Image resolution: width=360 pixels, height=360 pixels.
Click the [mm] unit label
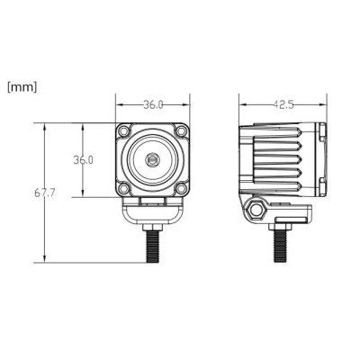22,87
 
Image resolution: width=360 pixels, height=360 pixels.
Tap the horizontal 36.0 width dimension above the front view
153,104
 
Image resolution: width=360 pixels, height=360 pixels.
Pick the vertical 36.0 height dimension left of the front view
84,160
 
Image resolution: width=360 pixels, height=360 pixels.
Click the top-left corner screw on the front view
123,131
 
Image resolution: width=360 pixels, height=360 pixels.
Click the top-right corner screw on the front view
181,131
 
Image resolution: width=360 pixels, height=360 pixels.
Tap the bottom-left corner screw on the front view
123,189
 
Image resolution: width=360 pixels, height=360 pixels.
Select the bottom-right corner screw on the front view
181,189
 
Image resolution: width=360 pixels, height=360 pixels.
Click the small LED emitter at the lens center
152,160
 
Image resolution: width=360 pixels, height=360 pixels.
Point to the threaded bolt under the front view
152,246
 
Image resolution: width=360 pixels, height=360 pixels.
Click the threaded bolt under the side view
281,246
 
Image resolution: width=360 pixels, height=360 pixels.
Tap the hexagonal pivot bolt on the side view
256,210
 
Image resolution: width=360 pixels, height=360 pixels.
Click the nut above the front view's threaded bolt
152,226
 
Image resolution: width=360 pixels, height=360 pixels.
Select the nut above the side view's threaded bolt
281,226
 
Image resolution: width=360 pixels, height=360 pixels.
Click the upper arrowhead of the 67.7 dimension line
43,126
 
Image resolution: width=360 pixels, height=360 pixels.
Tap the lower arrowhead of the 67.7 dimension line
43,260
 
